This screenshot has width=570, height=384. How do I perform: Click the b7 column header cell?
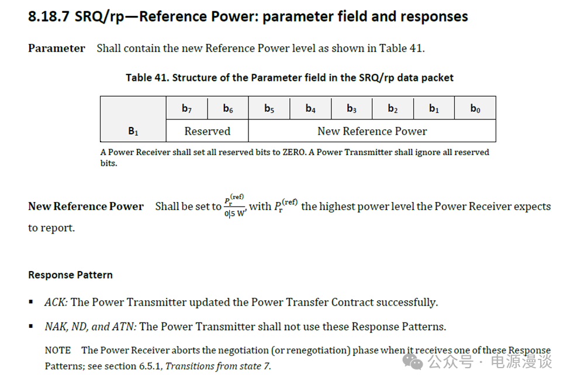click(187, 108)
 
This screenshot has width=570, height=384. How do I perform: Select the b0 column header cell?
click(475, 108)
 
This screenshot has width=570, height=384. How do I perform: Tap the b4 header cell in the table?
click(310, 108)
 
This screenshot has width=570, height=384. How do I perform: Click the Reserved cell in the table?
click(207, 131)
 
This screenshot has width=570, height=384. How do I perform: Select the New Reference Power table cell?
click(372, 131)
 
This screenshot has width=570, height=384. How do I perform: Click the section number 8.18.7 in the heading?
click(49, 16)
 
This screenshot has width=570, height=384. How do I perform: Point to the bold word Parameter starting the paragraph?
click(57, 48)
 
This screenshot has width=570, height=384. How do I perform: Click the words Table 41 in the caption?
click(147, 77)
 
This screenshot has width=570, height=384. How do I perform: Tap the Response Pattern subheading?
click(71, 275)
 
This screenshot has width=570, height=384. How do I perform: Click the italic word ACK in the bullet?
click(56, 302)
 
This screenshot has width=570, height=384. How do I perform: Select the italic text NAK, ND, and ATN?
click(91, 327)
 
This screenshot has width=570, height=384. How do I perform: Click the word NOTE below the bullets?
click(58, 350)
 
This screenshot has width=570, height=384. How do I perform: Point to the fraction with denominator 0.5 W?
click(235, 206)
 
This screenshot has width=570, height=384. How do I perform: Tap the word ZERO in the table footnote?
click(294, 152)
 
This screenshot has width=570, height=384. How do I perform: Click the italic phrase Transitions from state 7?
click(218, 366)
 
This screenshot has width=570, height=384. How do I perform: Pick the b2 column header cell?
click(393, 108)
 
